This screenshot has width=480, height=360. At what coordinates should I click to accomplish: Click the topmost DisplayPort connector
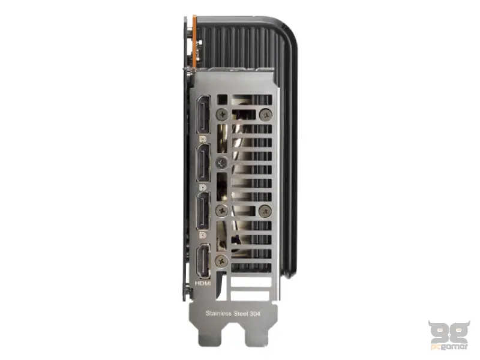[x=203, y=115]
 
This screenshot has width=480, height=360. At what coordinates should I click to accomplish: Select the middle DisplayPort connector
[x=203, y=163]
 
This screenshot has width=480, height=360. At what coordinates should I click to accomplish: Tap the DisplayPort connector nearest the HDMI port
[x=203, y=211]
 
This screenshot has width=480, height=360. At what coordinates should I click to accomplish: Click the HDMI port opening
[x=203, y=261]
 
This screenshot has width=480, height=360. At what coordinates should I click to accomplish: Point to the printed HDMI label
[x=203, y=283]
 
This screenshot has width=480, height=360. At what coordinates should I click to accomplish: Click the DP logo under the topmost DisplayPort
[x=203, y=139]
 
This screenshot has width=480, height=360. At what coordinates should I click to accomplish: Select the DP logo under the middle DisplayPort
[x=203, y=187]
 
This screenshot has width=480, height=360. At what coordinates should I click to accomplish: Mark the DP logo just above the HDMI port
[x=203, y=235]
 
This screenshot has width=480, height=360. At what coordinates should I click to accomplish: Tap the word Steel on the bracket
[x=241, y=313]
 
